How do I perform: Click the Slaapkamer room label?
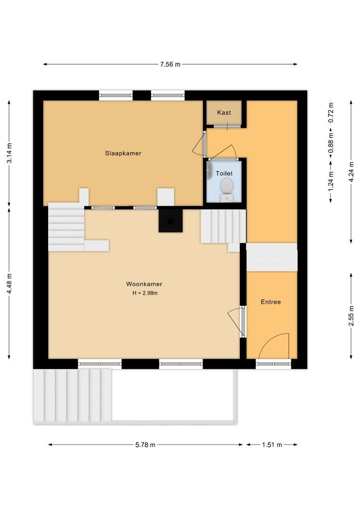point(123,153)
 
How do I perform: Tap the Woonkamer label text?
point(144,284)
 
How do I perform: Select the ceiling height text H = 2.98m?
point(145,293)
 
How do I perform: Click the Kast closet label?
point(224,113)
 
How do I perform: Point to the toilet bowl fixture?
point(227,190)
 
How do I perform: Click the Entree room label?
point(271,302)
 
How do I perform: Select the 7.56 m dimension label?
point(170,64)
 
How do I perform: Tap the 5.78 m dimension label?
point(145,445)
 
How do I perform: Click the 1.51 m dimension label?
point(272,445)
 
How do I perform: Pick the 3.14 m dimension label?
point(9,153)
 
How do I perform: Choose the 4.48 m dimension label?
point(9,284)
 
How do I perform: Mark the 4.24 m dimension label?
point(351,172)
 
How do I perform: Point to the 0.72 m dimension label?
point(331,112)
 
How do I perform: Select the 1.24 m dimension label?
point(331,181)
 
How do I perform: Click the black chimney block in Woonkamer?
point(171,221)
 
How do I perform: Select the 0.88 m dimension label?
point(331,143)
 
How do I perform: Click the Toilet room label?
point(224,173)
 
